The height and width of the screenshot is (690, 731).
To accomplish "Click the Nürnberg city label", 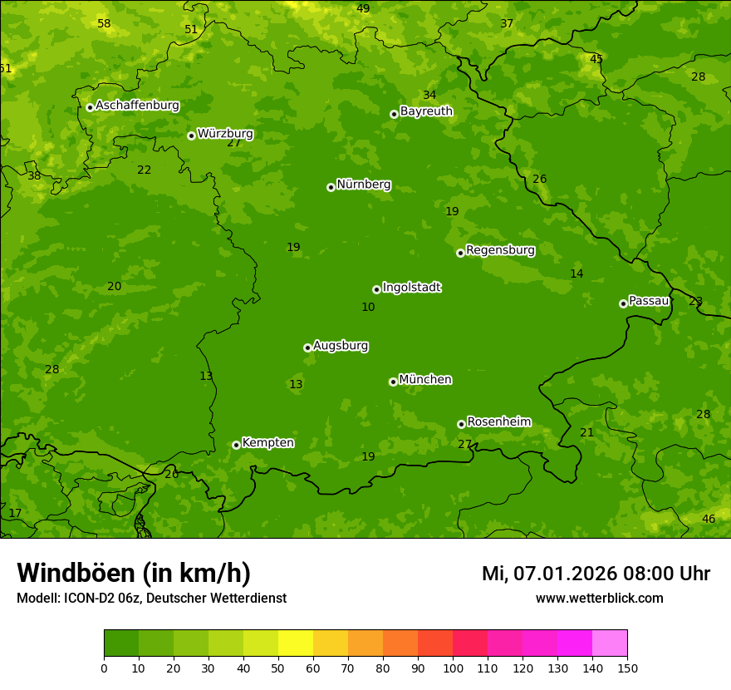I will click(363, 185).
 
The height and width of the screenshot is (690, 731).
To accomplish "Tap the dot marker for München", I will click(393, 382).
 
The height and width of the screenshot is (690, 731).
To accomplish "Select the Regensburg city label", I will click(500, 250).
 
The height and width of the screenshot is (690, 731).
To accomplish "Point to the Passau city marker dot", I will click(623, 303).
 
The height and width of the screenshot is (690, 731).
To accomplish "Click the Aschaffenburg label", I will click(137, 106).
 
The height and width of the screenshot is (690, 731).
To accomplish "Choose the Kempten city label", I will click(267, 443).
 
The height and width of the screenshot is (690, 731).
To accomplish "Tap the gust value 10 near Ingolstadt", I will click(368, 308).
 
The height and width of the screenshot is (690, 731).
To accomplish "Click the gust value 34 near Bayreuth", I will click(429, 96).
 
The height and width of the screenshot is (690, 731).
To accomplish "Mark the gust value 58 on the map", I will click(104, 24).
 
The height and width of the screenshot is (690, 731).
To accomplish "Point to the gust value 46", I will click(709, 520).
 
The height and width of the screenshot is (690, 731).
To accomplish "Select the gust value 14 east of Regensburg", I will click(576, 274).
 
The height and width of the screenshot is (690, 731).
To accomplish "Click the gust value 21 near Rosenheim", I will click(587, 433).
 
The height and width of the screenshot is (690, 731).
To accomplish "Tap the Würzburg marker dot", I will click(191, 136).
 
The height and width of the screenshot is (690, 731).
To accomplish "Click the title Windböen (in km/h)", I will click(134, 573).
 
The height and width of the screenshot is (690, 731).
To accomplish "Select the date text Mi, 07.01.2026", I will click(549, 574).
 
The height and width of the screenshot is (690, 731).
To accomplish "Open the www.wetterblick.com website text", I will click(599, 599).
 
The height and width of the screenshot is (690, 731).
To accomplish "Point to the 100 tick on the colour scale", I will click(453, 668).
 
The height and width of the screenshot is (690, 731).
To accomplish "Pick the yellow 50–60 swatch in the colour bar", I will click(296, 643).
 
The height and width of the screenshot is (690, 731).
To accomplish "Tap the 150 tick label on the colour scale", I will click(626, 668).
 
